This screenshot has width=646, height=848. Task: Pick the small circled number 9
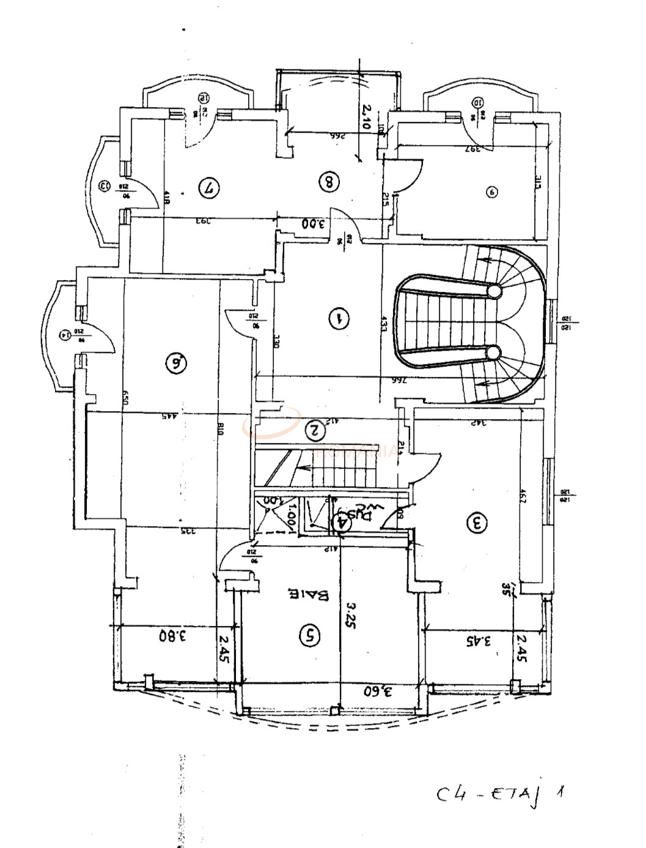point(491,192)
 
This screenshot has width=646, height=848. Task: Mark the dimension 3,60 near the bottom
point(378,691)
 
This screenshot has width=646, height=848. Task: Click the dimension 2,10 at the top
point(365,116)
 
